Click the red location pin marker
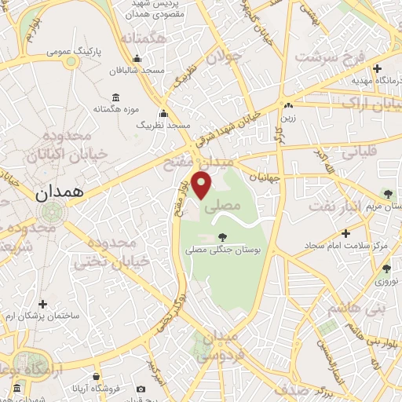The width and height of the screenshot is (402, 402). pyautogui.click(x=202, y=185)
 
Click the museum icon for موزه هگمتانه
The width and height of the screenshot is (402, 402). pyautogui.click(x=116, y=97)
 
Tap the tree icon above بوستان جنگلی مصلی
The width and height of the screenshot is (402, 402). pyautogui.click(x=223, y=236)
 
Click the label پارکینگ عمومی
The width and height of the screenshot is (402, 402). pyautogui.click(x=75, y=52)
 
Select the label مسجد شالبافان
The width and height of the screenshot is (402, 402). pyautogui.click(x=137, y=71)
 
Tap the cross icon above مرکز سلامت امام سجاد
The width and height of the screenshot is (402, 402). pyautogui.click(x=346, y=232)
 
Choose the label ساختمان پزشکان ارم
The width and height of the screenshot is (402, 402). pyautogui.click(x=43, y=316)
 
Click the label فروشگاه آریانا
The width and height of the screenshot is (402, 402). pyautogui.click(x=97, y=389)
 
